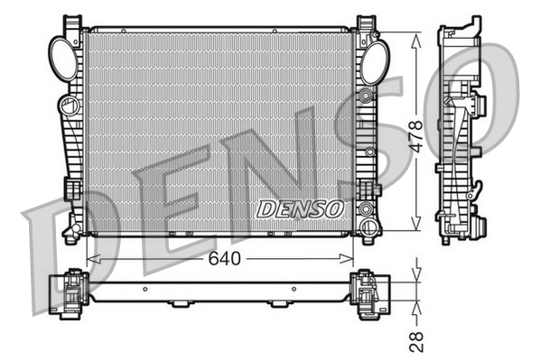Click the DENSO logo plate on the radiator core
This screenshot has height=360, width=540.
coord(302,208)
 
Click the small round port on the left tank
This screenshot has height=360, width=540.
coord(67,107)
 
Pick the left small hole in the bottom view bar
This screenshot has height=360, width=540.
coord(144,290)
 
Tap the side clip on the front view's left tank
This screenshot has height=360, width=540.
coord(70,189)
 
